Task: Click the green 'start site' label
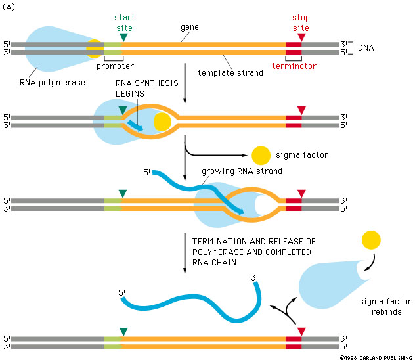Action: (124, 23)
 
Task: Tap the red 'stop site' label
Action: (301, 23)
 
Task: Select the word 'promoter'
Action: (115, 66)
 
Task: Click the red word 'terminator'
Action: (294, 66)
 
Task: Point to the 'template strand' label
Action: (230, 72)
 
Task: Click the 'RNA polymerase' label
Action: (53, 83)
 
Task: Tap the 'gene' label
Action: (190, 28)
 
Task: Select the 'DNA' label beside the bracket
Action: (366, 48)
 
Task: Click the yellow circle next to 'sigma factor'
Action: (261, 156)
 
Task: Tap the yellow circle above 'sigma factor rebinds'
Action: (371, 240)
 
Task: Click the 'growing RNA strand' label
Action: (242, 171)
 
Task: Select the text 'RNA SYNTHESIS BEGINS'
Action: (147, 89)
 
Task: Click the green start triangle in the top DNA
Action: (123, 37)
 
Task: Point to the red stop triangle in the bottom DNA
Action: (301, 332)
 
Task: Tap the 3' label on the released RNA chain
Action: (254, 277)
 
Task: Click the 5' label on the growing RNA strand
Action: (146, 173)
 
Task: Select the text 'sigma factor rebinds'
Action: (385, 307)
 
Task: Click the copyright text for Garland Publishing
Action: (376, 357)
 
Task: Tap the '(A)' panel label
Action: (9, 7)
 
